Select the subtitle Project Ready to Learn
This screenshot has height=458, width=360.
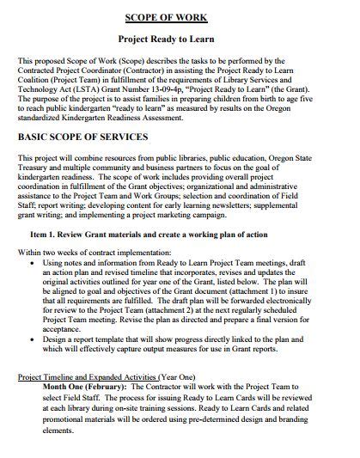coord(180,40)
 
